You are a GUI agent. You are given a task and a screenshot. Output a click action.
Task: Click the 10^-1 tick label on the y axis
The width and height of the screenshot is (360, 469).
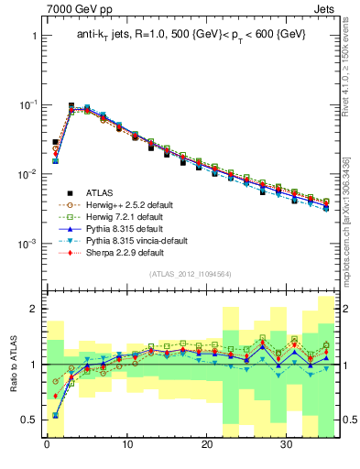pos(23,105)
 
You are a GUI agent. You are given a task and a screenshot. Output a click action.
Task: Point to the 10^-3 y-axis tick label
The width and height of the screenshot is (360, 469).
pos(23,245)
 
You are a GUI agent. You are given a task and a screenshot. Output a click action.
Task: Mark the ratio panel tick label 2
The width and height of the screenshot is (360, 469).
pos(29,310)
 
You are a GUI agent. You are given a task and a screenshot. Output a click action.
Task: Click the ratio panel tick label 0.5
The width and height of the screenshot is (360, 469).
pos(25,420)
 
